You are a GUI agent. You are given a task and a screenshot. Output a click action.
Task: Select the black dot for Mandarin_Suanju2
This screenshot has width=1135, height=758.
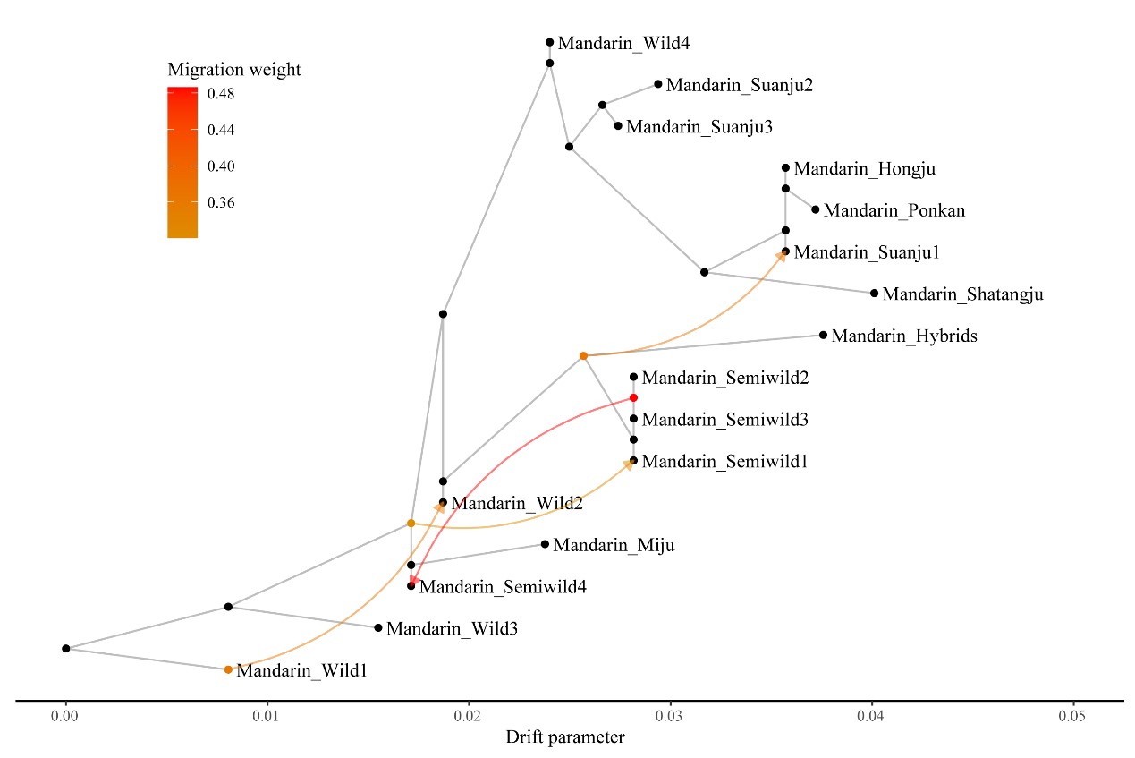click(658, 84)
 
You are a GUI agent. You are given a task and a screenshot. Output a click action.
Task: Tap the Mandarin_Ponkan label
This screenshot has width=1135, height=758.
click(882, 211)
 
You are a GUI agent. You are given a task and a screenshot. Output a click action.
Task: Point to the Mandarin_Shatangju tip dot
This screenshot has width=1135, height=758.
click(875, 294)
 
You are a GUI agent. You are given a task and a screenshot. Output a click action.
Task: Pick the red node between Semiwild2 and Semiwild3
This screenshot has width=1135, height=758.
click(633, 397)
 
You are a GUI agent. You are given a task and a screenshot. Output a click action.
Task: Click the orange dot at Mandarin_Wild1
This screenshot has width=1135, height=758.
click(228, 669)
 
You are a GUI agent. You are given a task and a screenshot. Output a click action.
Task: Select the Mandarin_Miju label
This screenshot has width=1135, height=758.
click(614, 544)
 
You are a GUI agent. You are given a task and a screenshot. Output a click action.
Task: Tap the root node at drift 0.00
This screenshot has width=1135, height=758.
click(66, 648)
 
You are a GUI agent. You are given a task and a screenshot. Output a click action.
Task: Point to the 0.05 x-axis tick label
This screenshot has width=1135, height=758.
click(1072, 717)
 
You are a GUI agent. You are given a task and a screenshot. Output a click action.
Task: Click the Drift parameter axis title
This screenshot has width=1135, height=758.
click(564, 738)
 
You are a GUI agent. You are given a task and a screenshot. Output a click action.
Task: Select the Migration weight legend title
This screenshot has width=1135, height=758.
click(233, 70)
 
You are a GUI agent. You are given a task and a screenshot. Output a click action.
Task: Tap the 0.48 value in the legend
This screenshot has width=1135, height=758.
click(222, 94)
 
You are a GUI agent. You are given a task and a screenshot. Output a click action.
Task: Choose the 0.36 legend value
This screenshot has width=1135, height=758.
click(222, 203)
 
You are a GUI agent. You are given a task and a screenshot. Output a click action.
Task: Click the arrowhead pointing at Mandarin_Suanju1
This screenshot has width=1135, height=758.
click(781, 256)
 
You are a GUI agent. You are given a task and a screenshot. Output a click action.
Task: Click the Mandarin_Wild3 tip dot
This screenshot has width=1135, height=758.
click(378, 628)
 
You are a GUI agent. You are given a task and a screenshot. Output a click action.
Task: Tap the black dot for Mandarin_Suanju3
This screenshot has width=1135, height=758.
click(618, 126)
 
